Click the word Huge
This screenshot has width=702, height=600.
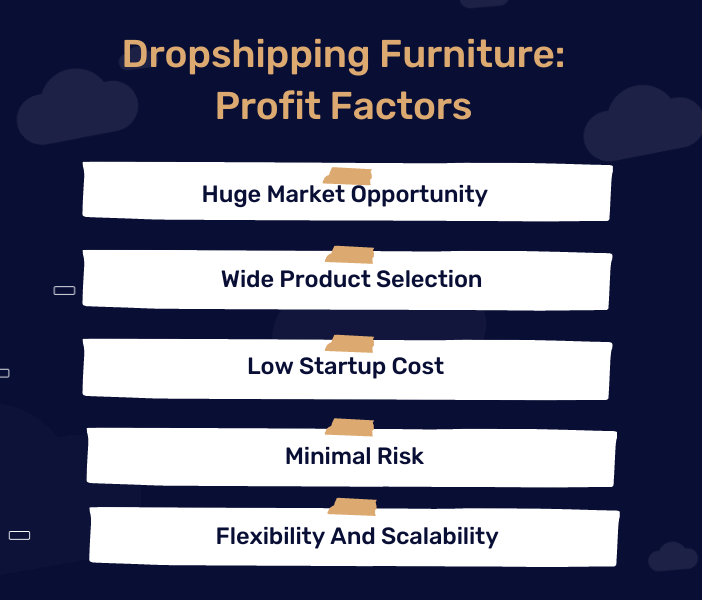pyautogui.click(x=231, y=193)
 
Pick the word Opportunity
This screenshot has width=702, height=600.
pyautogui.click(x=419, y=193)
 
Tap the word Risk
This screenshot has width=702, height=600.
pyautogui.click(x=400, y=456)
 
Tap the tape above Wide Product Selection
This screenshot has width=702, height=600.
pyautogui.click(x=349, y=256)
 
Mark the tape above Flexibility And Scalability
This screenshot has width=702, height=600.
pyautogui.click(x=352, y=506)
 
